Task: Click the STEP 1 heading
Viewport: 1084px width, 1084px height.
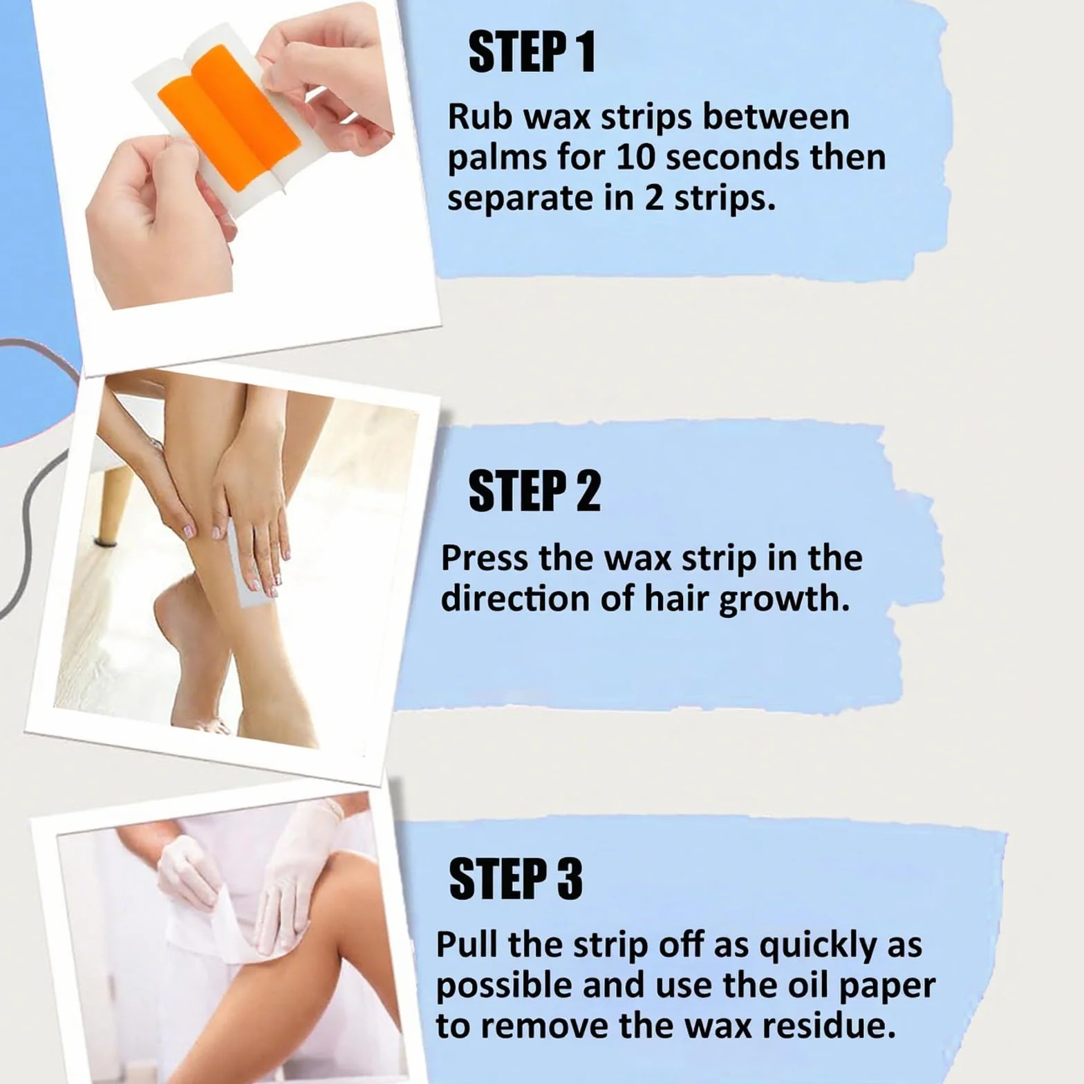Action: click(532, 53)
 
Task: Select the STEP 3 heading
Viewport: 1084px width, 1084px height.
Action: click(516, 879)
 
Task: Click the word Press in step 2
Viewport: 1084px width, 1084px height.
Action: click(484, 557)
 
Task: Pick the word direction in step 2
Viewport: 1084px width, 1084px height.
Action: click(516, 598)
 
